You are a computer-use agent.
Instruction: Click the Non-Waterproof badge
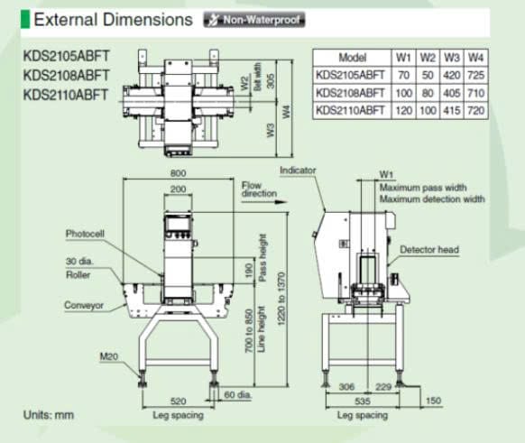point(254,20)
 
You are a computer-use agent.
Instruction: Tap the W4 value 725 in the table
point(475,75)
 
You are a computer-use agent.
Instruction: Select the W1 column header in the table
point(403,58)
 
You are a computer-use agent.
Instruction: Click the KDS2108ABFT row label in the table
point(350,93)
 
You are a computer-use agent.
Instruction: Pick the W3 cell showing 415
point(451,110)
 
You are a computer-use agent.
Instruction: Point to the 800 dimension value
point(178,173)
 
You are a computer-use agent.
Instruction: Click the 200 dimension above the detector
point(178,189)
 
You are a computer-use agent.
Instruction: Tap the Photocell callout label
point(85,234)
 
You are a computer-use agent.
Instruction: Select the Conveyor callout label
point(84,305)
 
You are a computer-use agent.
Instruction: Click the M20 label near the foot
point(109,356)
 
